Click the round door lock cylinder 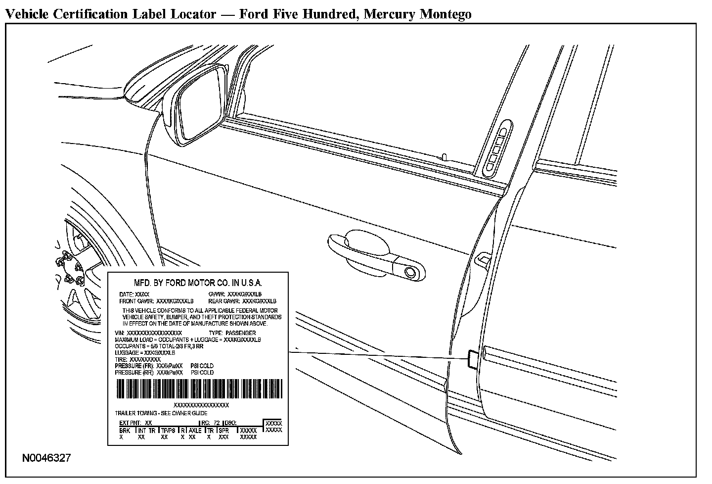pos(409,271)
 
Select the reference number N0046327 pos(46,458)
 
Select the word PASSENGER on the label pos(240,333)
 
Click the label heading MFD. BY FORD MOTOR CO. pos(198,283)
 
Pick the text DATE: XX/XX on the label pos(131,294)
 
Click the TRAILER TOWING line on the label pos(161,413)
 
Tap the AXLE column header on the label pos(195,431)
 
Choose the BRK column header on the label pos(125,431)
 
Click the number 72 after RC pos(216,423)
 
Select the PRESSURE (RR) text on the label pos(135,372)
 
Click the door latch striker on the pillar pos(483,258)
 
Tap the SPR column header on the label pos(224,431)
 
